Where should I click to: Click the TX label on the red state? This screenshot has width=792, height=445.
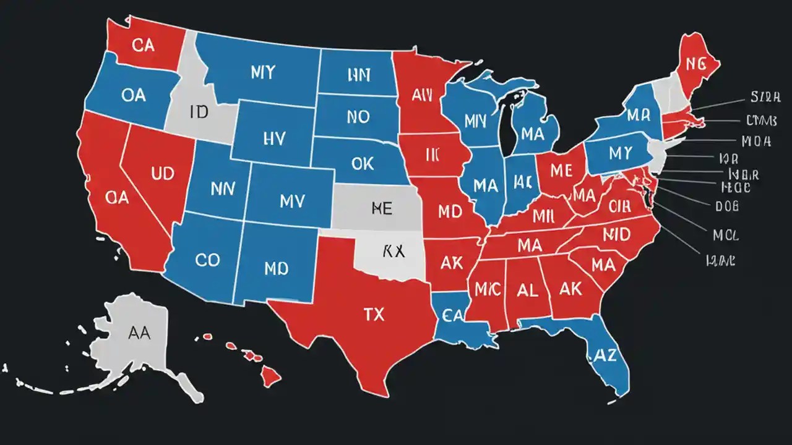coord(374,315)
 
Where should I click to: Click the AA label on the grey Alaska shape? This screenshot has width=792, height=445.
coord(140,332)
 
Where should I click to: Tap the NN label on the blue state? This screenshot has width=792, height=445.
coord(222,189)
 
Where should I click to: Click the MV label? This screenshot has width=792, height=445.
coord(293,201)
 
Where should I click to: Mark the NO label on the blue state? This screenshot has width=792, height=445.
coord(358,116)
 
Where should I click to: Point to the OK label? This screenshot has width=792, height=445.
coord(363,163)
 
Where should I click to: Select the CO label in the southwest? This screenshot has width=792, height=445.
coord(207,260)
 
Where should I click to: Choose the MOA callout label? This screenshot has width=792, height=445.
coord(755,141)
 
